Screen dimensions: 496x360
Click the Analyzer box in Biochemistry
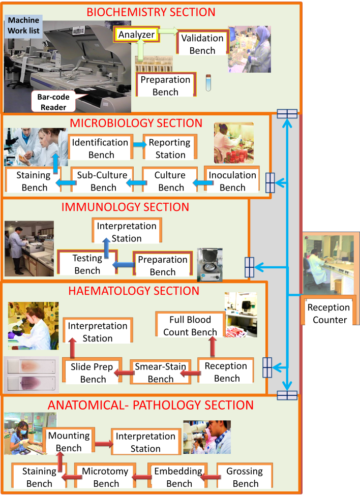tap(137, 35)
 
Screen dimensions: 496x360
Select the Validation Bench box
tap(202, 44)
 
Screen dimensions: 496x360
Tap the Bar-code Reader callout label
tap(53, 102)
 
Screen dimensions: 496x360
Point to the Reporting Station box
tap(170, 148)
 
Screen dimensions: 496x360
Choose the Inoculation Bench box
tap(232, 181)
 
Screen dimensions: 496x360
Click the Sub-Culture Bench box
tap(102, 181)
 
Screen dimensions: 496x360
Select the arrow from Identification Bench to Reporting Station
tap(137, 144)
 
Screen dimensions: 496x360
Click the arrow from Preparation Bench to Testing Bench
tap(122, 265)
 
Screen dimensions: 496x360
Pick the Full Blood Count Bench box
tap(190, 326)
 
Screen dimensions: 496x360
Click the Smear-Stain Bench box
tap(160, 373)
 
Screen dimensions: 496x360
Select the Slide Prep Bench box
tap(93, 373)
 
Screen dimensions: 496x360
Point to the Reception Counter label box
tap(329, 313)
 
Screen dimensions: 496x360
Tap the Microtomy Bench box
tap(106, 477)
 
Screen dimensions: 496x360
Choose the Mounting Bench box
tap(69, 442)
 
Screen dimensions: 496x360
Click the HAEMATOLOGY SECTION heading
tap(134, 291)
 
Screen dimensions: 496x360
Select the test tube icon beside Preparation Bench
tap(208, 83)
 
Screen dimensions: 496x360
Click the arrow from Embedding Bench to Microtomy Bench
tap(142, 477)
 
